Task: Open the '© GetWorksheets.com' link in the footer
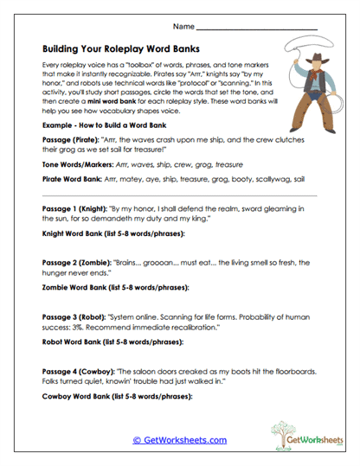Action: click(179, 439)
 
